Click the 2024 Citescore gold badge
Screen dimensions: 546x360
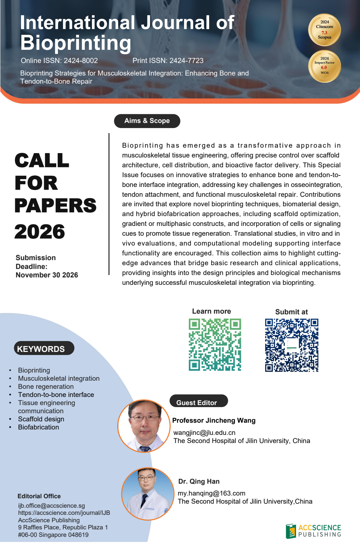coord(324,30)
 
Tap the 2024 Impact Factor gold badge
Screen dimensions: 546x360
coord(324,66)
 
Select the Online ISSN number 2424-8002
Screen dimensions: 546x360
coord(81,61)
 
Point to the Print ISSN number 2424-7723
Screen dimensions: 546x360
coord(186,61)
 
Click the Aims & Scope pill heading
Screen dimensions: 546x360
coord(147,121)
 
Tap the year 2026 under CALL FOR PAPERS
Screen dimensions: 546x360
coord(40,232)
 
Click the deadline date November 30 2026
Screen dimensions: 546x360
coord(47,275)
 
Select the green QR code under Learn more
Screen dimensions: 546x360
coord(215,344)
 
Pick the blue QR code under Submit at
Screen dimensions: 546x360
coord(292,345)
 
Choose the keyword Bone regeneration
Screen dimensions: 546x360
coord(46,386)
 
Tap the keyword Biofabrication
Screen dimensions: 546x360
coord(38,427)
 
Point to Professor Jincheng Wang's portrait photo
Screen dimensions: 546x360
coord(144,426)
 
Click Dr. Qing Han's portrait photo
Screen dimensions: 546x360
coord(148,494)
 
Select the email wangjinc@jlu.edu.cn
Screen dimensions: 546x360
coord(204,433)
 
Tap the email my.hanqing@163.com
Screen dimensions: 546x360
coord(212,493)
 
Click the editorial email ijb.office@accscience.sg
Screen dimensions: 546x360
coord(52,506)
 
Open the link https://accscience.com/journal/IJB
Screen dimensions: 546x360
coord(64,513)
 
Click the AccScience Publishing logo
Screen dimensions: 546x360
coord(314,531)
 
